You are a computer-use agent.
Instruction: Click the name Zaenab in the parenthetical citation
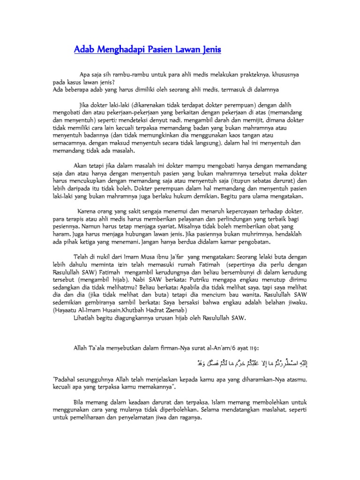pyautogui.click(x=174, y=310)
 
